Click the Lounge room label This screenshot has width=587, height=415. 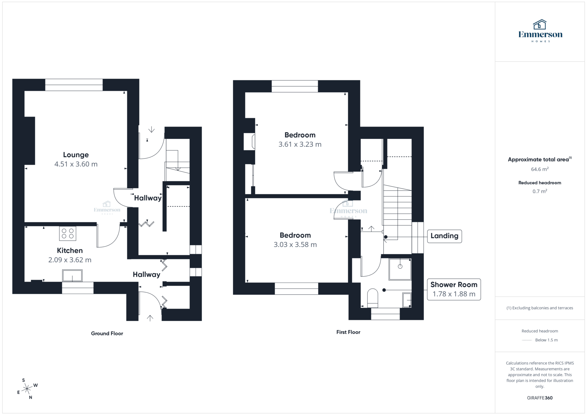76,155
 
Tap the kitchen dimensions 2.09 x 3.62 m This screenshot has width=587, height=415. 70,260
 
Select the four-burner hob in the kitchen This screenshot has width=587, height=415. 68,233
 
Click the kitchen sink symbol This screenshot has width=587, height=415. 72,276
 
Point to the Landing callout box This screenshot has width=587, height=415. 444,236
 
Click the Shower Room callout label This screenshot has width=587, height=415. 454,285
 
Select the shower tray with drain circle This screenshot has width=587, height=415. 400,269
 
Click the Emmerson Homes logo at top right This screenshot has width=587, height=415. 540,31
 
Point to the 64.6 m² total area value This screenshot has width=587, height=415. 540,169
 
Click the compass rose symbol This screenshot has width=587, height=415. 27,389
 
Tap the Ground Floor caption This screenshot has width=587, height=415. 107,333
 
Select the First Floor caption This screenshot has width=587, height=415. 348,332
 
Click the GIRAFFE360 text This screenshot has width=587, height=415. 540,398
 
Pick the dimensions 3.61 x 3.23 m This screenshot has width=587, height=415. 300,144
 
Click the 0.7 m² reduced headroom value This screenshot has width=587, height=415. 540,191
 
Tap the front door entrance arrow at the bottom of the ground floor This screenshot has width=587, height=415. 150,318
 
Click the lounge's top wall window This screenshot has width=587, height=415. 74,85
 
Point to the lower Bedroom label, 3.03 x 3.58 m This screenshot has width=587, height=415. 295,235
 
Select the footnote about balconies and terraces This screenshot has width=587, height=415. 540,308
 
